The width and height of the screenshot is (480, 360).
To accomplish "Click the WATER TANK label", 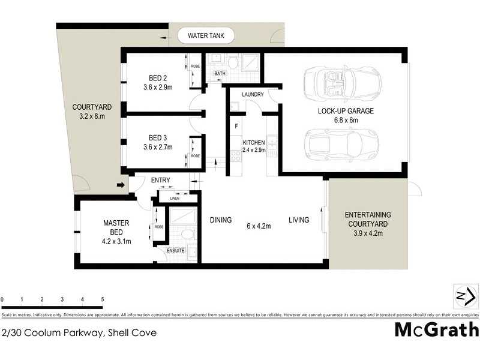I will (x=206, y=36).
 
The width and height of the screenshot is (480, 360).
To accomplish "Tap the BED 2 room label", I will (x=158, y=77).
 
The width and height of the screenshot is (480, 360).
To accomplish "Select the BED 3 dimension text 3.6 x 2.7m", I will (x=158, y=146).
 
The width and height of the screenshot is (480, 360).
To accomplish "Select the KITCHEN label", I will (x=254, y=142).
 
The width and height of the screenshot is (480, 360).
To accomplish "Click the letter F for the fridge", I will (x=236, y=127).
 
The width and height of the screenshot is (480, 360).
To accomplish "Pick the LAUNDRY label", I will (x=253, y=95).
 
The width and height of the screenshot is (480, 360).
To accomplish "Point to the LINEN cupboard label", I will (x=175, y=198).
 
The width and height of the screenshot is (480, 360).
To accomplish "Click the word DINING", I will (x=221, y=220).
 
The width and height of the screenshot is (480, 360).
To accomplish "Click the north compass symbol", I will (x=465, y=296).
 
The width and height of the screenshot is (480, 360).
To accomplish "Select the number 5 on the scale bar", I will (x=103, y=299).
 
